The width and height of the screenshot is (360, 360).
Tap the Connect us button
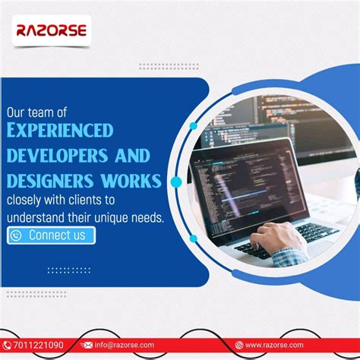tap(52, 235)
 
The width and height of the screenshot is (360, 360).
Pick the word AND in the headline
tap(131, 156)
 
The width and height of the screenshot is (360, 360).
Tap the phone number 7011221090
tap(37, 345)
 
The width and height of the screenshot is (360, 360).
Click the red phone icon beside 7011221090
tap(7, 345)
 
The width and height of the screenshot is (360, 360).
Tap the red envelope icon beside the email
tap(86, 345)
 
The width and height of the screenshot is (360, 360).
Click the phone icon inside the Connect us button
tap(16, 235)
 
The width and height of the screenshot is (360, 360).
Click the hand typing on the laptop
tap(281, 238)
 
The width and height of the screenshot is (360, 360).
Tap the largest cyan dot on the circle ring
tap(177, 182)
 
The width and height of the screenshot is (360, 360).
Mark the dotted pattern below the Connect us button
tap(68, 270)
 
